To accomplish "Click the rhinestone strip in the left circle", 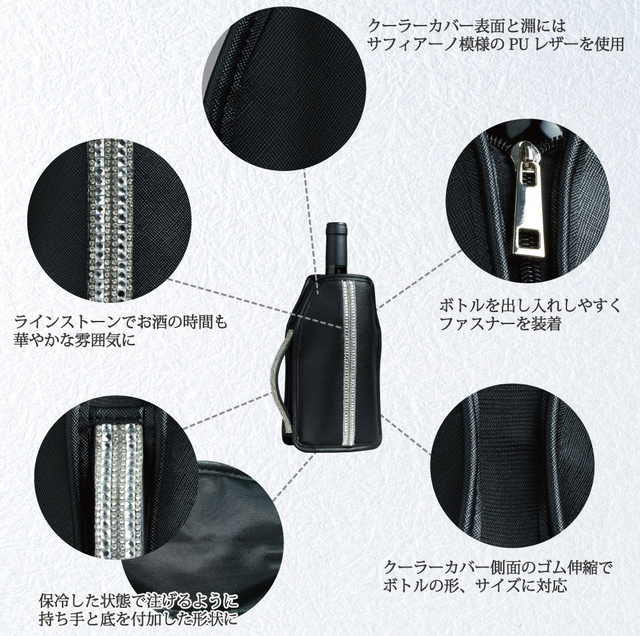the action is pyautogui.click(x=110, y=220).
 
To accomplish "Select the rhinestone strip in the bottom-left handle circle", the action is pyautogui.click(x=119, y=490).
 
